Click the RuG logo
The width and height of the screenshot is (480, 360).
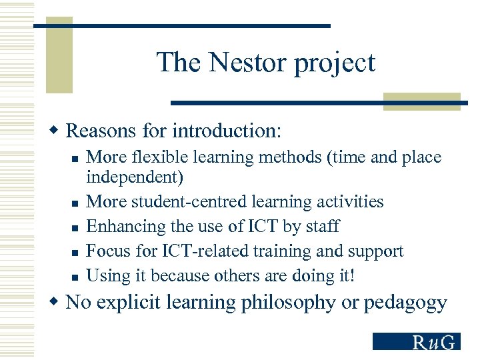tap(416, 342)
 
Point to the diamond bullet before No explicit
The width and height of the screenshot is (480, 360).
tap(57, 303)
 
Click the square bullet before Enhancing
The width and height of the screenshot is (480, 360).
tap(75, 227)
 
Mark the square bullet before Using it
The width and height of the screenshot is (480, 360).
tap(75, 277)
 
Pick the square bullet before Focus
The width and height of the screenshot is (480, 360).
tap(75, 252)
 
